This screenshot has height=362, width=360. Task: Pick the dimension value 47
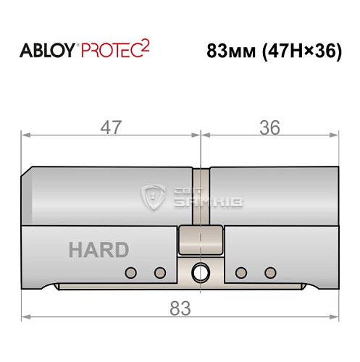click(x=111, y=127)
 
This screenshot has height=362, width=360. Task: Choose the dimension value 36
click(x=269, y=127)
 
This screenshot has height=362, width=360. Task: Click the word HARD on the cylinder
click(x=99, y=251)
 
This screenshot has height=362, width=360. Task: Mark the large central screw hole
click(x=198, y=273)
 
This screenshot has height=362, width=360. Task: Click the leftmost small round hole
click(x=131, y=272)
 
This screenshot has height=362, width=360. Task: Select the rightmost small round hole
click(x=270, y=272)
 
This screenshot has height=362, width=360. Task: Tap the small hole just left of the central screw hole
click(x=160, y=272)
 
